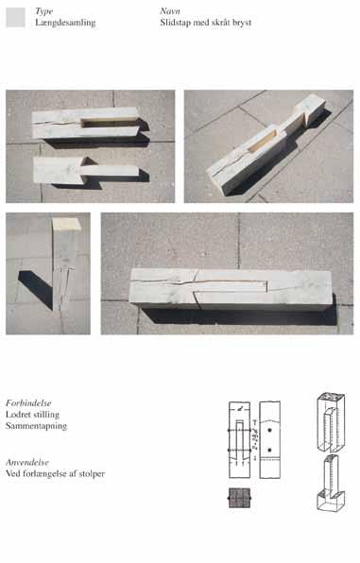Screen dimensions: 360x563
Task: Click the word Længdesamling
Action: [65, 23]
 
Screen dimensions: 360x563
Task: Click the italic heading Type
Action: [44, 11]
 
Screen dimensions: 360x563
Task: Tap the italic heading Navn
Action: [170, 11]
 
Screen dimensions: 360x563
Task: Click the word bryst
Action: [242, 23]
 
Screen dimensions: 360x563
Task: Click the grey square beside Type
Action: [16, 17]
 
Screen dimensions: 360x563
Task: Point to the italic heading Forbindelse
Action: [28, 402]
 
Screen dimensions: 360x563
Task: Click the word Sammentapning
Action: [36, 426]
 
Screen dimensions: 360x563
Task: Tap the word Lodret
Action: [18, 415]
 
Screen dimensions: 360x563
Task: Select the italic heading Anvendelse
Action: [27, 462]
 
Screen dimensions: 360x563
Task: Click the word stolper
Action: [92, 473]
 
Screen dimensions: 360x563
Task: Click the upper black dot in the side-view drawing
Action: [269, 430]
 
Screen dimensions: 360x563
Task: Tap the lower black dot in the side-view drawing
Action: [269, 450]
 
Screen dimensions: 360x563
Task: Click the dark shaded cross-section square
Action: [240, 498]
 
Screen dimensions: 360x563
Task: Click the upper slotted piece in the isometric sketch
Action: [331, 422]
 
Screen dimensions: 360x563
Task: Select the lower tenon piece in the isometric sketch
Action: [330, 483]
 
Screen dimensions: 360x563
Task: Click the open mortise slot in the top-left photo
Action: [109, 123]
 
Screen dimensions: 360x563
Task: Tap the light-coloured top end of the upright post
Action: [67, 224]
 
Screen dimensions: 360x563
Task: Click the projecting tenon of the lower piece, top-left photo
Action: [110, 171]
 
